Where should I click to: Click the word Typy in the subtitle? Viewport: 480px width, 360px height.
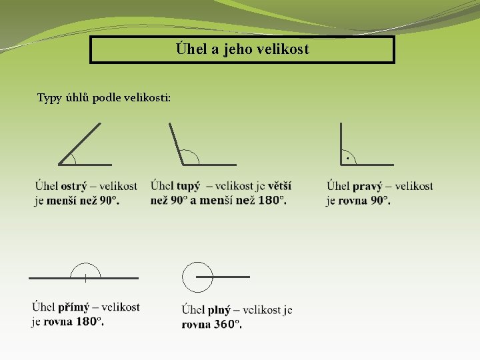[x=48, y=99]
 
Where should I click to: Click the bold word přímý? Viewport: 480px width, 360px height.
[x=73, y=307]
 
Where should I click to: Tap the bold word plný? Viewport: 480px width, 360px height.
[x=219, y=310]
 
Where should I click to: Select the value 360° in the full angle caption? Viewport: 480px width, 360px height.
[x=227, y=325]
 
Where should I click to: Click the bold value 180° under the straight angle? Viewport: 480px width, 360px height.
[x=89, y=321]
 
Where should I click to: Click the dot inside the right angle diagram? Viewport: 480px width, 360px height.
[x=347, y=158]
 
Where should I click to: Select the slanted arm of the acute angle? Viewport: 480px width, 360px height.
[x=80, y=143]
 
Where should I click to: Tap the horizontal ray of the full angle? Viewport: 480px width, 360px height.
[x=230, y=277]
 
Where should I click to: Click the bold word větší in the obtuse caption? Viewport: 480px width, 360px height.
[x=279, y=186]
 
